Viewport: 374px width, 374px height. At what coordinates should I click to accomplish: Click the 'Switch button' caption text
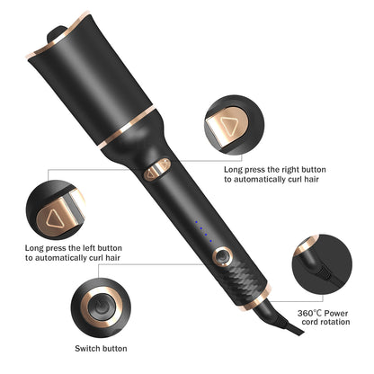[100, 348]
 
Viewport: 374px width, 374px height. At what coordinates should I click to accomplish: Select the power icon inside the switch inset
[102, 302]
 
